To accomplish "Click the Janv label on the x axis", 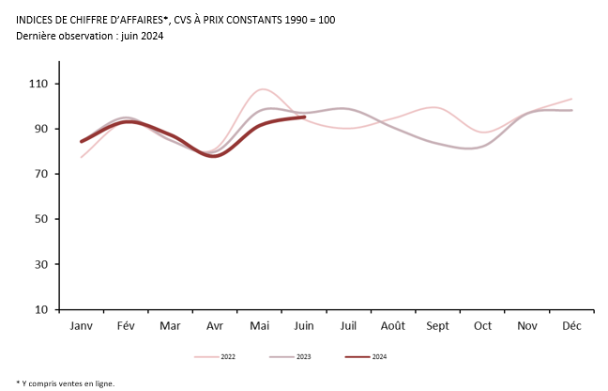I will pos(82,326).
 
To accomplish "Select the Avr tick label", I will pos(215,326).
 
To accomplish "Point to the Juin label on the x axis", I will pos(304,326).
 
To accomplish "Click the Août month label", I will pos(393,326).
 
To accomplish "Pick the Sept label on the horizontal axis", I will pos(438,326).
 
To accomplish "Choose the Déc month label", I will pos(571,326).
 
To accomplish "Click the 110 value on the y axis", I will pos(39,84).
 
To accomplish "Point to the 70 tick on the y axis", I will pos(42,174).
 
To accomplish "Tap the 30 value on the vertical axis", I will pos(42,264).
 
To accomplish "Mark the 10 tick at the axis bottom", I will pos(42,309).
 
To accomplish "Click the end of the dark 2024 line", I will pos(304,117).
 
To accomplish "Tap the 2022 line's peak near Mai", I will pos(263,89).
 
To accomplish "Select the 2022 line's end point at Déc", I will pos(571,99).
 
